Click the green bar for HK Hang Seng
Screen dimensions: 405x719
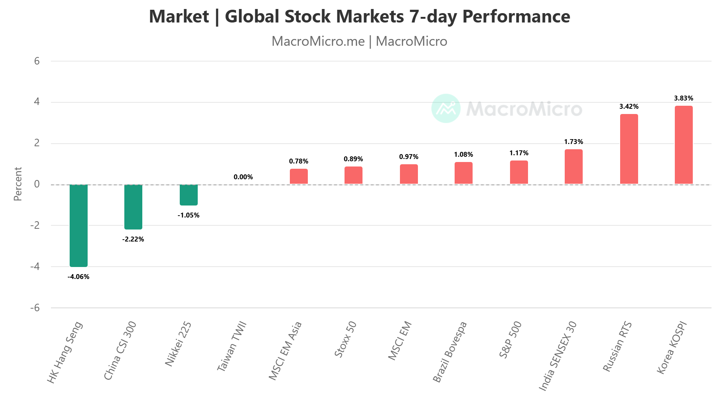click(79, 225)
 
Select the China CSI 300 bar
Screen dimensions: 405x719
click(133, 207)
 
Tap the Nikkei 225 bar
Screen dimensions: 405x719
click(189, 195)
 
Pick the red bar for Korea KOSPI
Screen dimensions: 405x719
click(684, 145)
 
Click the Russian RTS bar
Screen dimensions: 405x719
click(629, 149)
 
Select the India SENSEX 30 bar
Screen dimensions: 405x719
click(574, 166)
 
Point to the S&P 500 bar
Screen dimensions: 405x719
click(519, 172)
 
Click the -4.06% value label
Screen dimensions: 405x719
click(79, 277)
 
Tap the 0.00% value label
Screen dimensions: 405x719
click(243, 177)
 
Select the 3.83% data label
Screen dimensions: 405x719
click(684, 98)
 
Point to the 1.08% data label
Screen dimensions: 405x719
click(464, 154)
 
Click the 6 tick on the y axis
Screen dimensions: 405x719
click(37, 61)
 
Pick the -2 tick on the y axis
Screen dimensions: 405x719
click(35, 225)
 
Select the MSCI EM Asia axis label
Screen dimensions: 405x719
click(285, 351)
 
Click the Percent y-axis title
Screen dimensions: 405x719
click(18, 184)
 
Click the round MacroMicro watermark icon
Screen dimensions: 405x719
click(446, 108)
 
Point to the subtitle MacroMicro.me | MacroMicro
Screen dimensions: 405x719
click(359, 41)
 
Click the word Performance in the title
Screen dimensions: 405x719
click(516, 16)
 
